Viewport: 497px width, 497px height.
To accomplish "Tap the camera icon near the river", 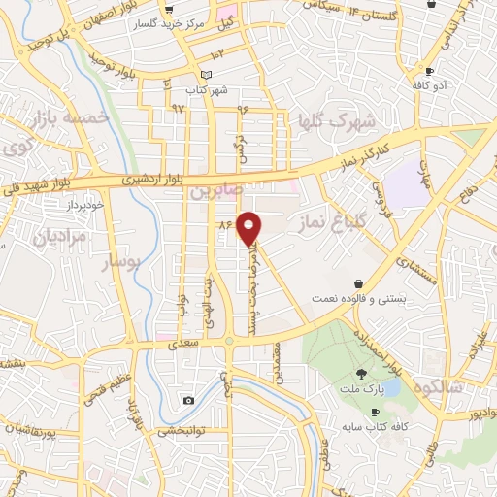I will point(188,400).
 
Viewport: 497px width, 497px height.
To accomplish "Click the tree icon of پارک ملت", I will point(361,374).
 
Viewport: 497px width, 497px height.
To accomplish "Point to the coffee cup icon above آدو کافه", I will point(428,71).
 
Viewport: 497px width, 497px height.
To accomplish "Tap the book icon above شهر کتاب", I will point(204,76).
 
